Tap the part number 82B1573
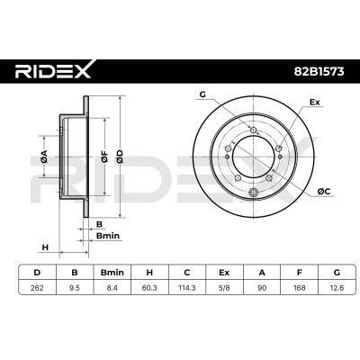(318, 72)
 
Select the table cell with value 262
(37, 288)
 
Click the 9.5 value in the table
(75, 288)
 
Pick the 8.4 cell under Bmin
(112, 288)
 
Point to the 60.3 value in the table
(149, 288)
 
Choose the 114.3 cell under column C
(187, 288)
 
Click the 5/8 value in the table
(224, 288)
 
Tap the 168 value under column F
(300, 288)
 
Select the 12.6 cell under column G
(337, 288)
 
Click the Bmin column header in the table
(112, 273)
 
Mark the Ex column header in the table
(224, 273)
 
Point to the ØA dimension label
(44, 157)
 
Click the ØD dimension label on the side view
(120, 157)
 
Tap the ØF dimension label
(104, 157)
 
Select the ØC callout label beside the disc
(324, 191)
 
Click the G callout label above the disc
(202, 94)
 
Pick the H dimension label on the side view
(45, 247)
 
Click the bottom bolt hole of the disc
(254, 192)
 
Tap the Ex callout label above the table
(315, 103)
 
